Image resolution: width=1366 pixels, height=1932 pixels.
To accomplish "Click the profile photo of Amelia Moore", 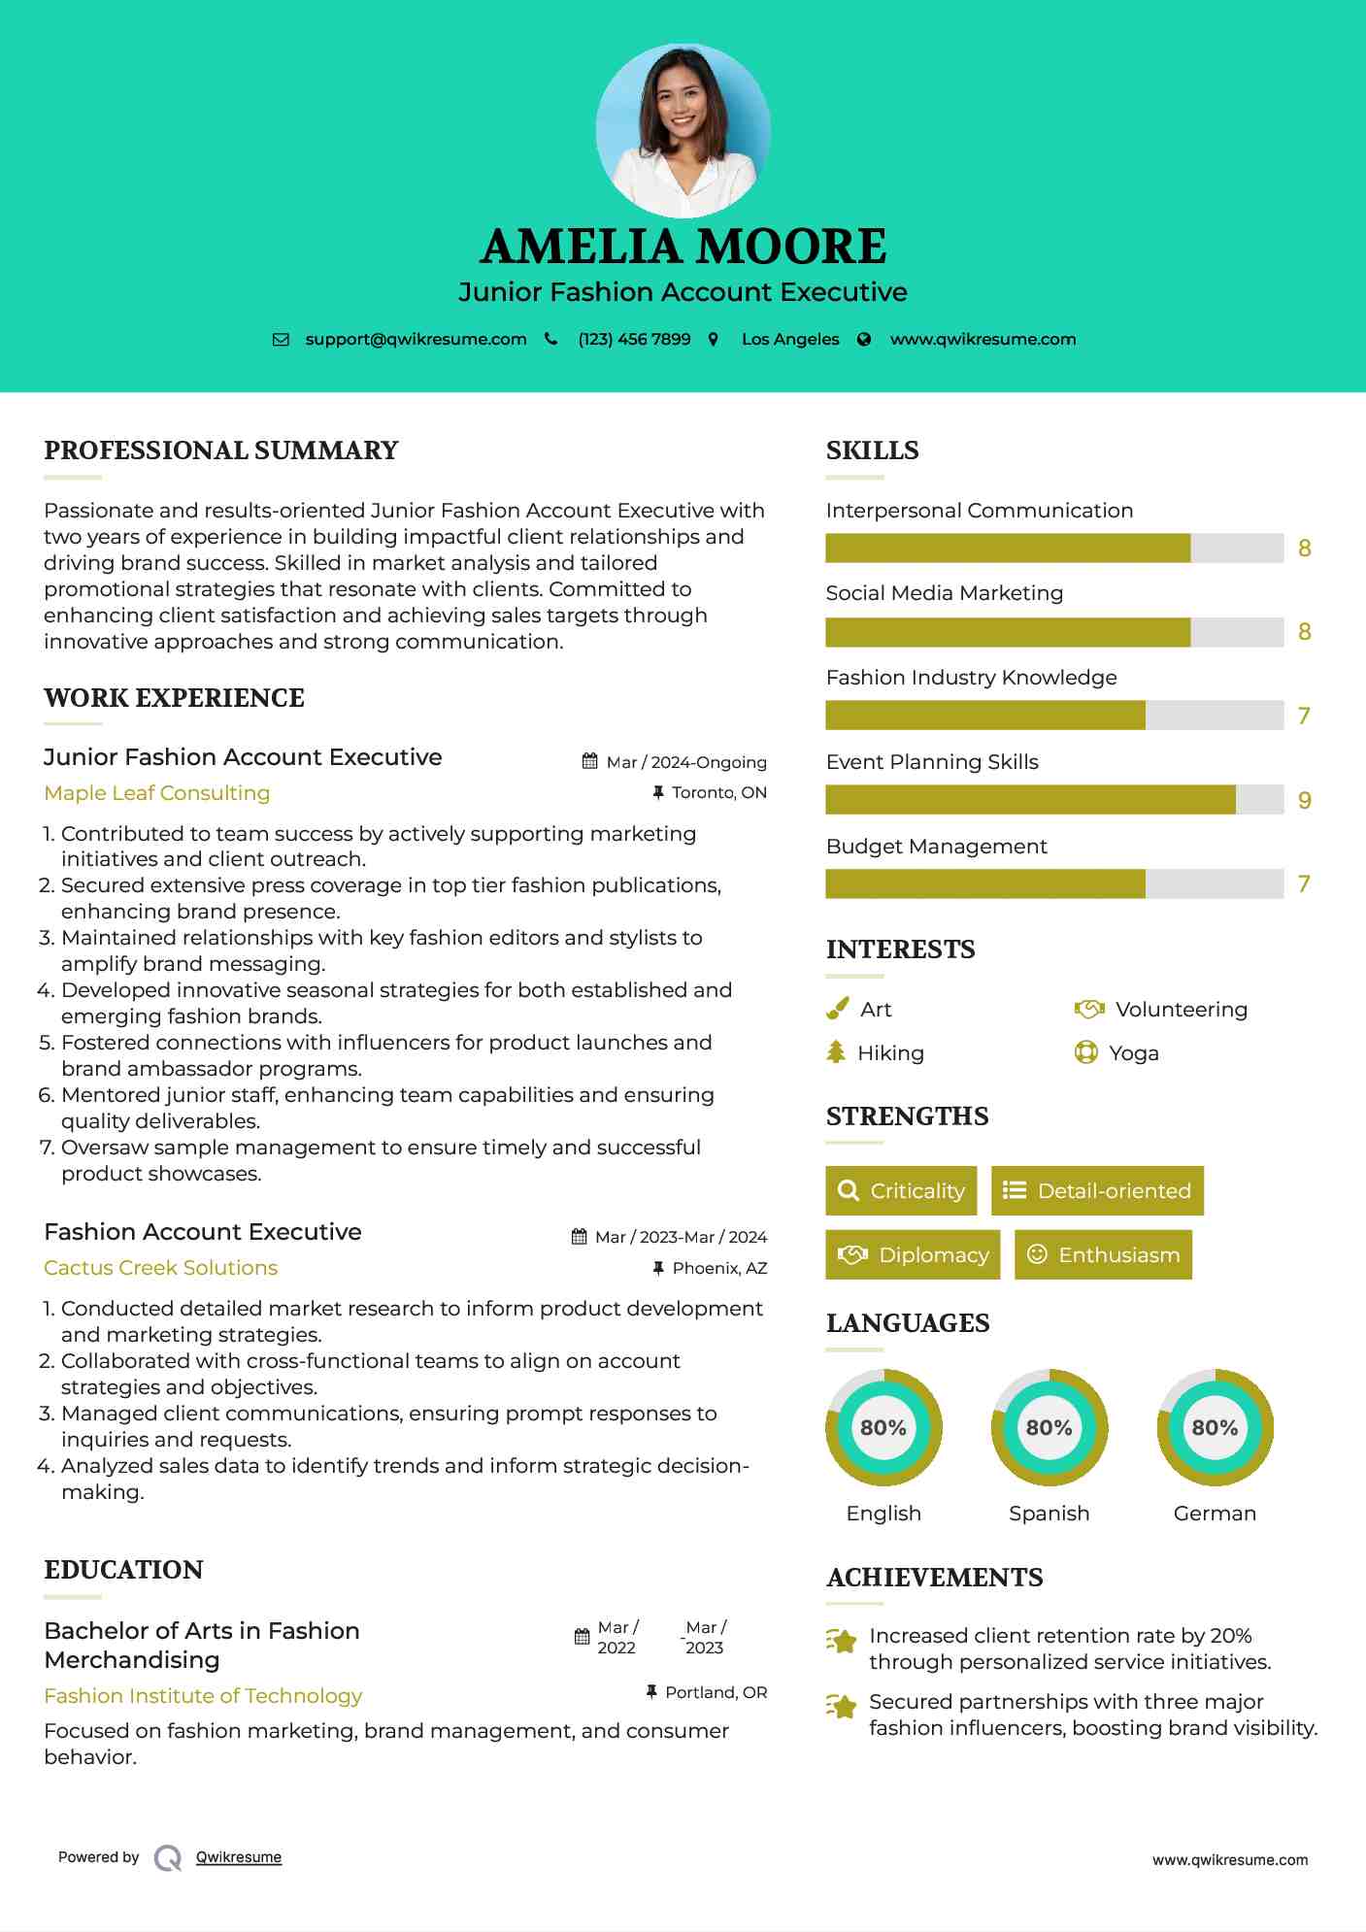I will (683, 130).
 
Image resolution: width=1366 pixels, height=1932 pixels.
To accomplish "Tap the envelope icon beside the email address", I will (281, 340).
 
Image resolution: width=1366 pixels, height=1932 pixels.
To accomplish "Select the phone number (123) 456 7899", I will (634, 340).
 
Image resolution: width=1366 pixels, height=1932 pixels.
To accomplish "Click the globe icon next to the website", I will (864, 340).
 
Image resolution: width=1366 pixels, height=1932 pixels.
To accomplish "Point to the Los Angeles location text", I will (790, 340).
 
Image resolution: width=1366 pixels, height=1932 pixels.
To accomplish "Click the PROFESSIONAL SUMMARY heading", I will (221, 450).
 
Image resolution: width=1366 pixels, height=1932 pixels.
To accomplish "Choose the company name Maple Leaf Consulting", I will (157, 793).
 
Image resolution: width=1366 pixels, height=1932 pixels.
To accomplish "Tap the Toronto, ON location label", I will (718, 793).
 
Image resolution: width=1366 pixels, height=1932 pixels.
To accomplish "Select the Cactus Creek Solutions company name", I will (161, 1268).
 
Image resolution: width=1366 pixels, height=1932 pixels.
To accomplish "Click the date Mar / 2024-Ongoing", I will (685, 762).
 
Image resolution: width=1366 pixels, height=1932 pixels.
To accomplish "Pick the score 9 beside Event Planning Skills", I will (1305, 801).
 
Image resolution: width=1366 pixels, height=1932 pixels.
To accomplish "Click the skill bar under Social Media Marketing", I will (1054, 632).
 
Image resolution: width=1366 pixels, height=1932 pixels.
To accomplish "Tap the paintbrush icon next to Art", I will (837, 1010).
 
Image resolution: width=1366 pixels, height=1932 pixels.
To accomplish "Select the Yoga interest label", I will (1134, 1053).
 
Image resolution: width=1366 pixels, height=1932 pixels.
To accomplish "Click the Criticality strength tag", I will (901, 1191).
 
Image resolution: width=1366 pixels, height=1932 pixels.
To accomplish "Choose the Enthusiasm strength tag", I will (1103, 1255).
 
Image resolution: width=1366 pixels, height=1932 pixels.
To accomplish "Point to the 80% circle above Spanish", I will (1049, 1428).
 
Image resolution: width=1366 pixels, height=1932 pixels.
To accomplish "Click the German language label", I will (1215, 1514).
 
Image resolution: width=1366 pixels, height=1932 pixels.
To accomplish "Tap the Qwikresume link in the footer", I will (239, 1857).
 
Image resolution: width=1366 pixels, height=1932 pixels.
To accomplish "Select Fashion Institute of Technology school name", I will (203, 1696).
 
